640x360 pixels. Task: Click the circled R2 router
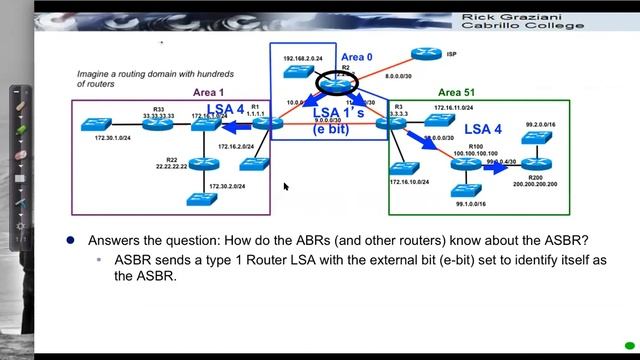[x=345, y=83]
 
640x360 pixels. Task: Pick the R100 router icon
[x=461, y=163]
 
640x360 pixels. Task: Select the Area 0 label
[x=355, y=58]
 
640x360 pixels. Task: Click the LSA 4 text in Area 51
[x=483, y=129]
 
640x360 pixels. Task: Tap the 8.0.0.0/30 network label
[x=403, y=75]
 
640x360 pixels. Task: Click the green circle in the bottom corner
[x=630, y=347]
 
